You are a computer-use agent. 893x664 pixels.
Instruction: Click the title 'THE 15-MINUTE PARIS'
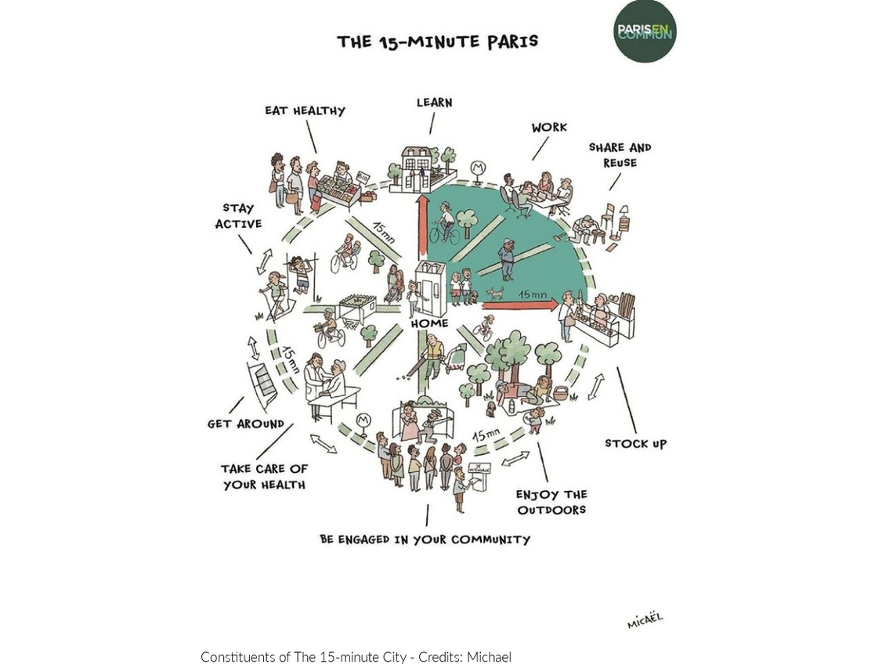point(437,41)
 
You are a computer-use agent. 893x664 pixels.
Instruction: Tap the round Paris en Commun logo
point(645,31)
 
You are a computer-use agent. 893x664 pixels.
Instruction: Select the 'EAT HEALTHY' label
point(305,110)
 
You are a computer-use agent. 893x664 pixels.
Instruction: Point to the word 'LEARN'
point(434,103)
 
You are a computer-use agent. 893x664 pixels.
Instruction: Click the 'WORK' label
point(549,128)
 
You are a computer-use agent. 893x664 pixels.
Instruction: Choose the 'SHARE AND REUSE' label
point(620,155)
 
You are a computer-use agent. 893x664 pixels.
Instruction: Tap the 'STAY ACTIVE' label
point(238,216)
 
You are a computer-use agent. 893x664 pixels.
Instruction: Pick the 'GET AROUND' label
point(245,424)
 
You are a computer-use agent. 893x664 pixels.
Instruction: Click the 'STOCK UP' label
point(635,444)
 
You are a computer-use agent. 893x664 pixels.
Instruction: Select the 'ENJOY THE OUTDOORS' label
point(551,502)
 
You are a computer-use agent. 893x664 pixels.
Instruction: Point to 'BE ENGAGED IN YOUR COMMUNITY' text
point(425,539)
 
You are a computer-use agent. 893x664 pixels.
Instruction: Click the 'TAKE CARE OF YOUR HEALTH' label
point(264,477)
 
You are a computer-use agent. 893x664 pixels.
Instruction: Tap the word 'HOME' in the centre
point(429,323)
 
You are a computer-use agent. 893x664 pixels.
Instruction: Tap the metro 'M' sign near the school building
point(477,168)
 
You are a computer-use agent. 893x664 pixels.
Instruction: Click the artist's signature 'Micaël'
point(645,621)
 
